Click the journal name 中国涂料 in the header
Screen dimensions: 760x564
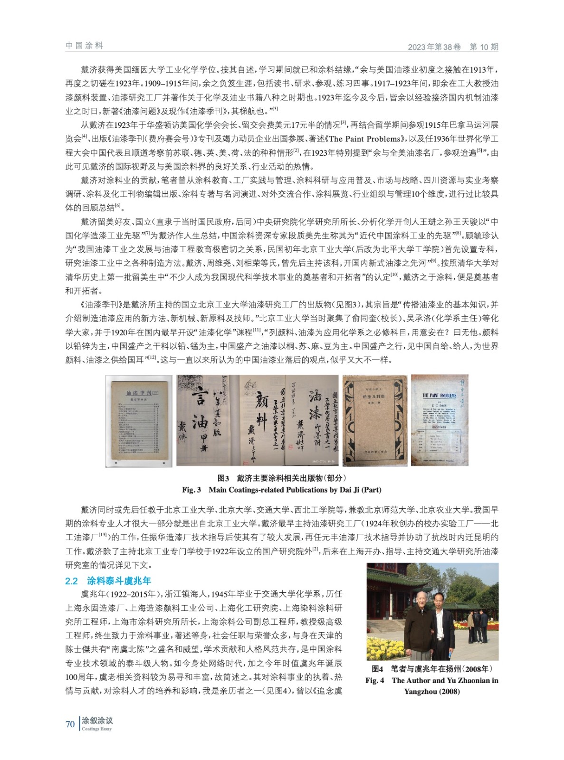tap(84, 46)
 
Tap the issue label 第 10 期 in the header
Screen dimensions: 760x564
tap(484, 47)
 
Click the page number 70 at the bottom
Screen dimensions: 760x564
tap(70, 724)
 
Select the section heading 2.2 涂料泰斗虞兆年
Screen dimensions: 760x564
tap(108, 580)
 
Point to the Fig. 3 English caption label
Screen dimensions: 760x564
tap(191, 490)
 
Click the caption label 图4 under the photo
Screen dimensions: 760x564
tap(378, 669)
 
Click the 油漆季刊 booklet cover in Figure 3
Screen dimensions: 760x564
tap(139, 420)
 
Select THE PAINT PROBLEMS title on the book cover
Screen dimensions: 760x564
tap(439, 395)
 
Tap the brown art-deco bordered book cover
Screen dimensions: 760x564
tap(375, 420)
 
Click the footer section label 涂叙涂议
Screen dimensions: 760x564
tap(97, 721)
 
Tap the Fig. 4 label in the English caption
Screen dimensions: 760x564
tap(374, 680)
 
